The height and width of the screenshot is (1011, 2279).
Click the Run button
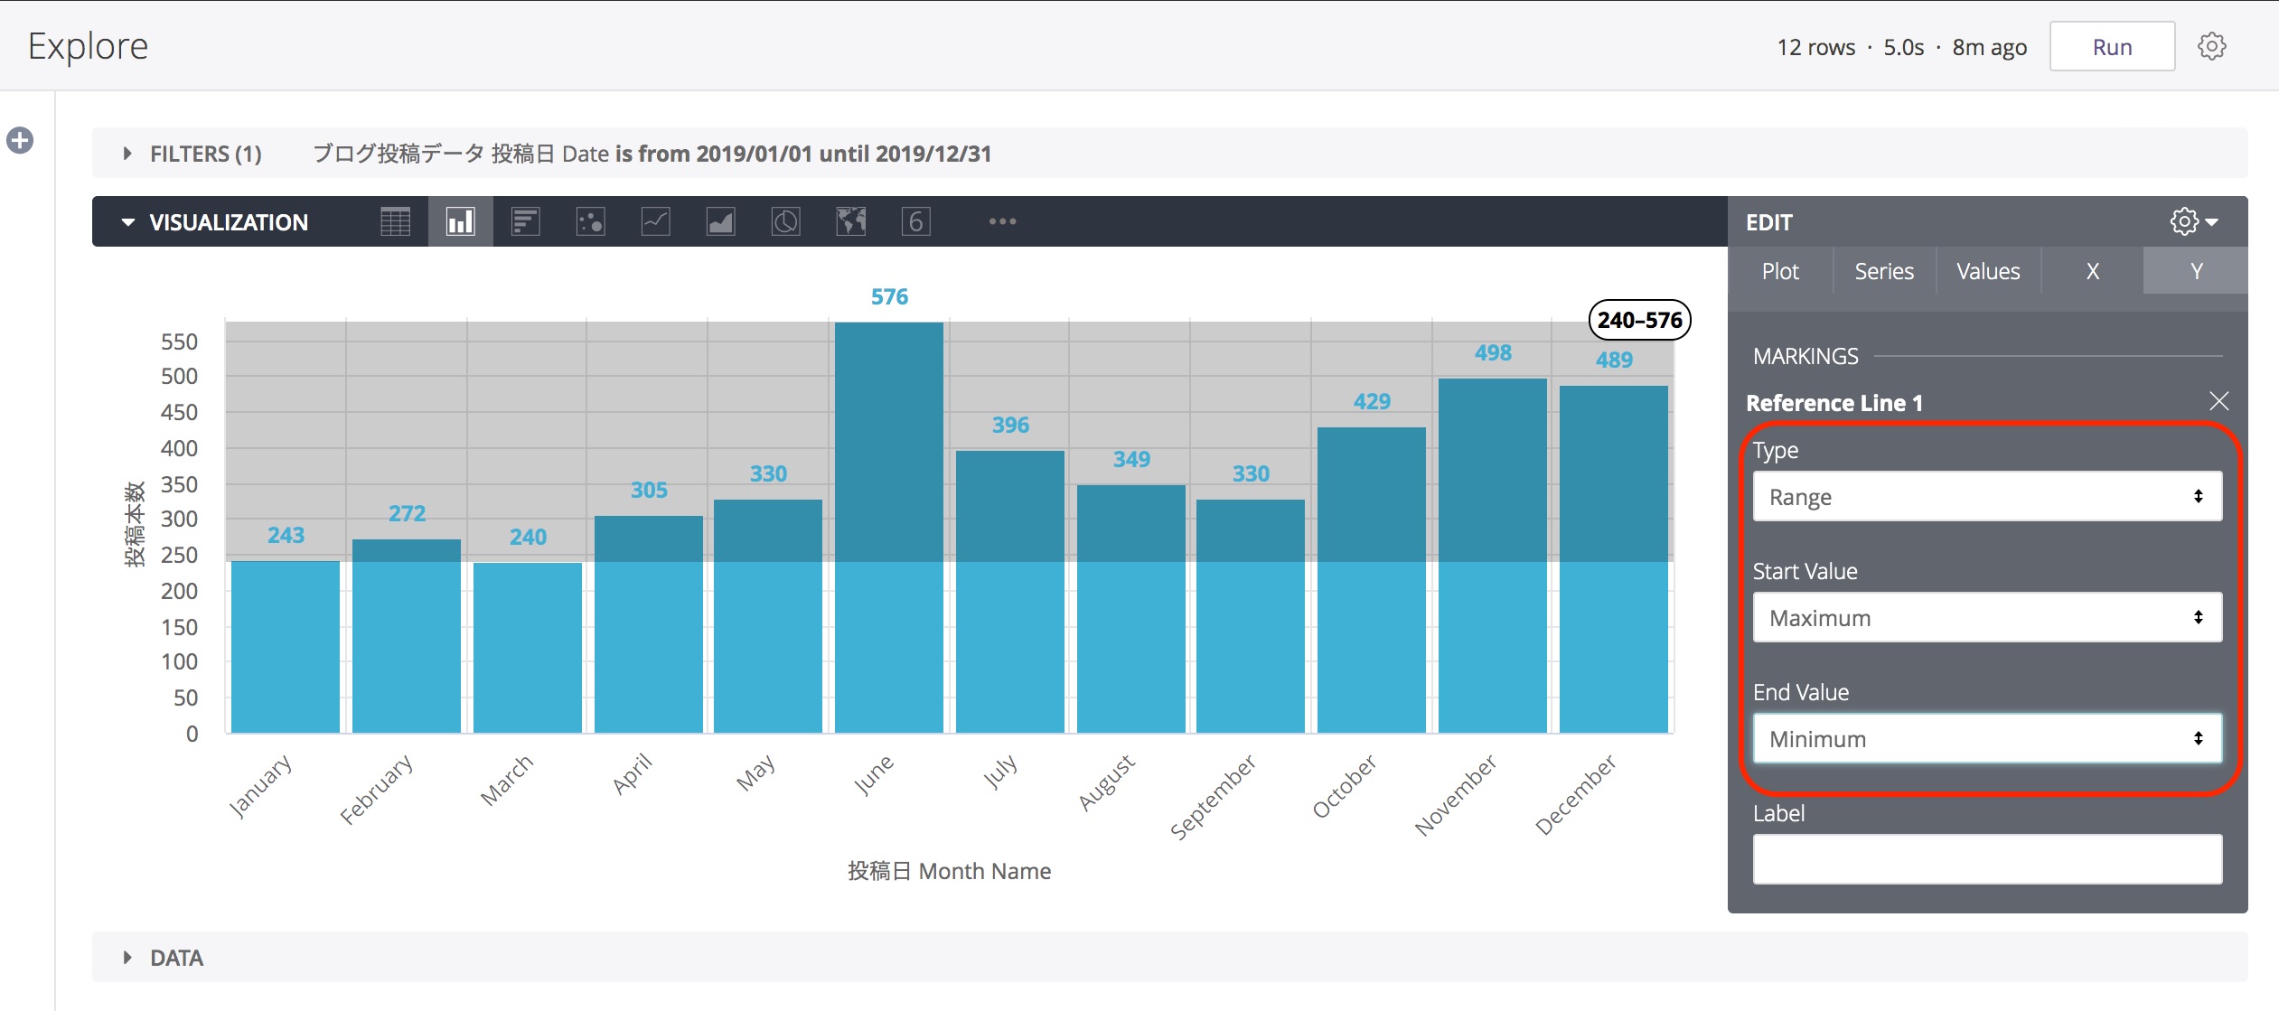[x=2111, y=47]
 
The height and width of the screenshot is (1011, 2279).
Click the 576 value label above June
[x=889, y=296]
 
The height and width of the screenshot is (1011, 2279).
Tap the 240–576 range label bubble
[x=1638, y=320]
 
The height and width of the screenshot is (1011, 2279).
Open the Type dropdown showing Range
[x=1986, y=496]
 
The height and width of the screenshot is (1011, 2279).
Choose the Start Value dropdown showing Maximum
[x=1986, y=617]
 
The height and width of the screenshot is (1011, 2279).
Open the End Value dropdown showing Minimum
[x=1986, y=738]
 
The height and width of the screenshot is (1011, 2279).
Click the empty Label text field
[x=1986, y=858]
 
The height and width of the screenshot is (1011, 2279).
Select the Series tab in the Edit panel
[x=1883, y=271]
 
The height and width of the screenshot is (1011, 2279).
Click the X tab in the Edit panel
[x=2092, y=271]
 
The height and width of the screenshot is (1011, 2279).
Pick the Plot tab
[x=1779, y=271]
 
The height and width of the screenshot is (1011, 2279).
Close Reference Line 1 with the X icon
[x=2218, y=401]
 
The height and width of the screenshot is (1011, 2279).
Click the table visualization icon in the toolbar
[x=395, y=221]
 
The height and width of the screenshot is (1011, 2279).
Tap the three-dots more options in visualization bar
[x=1002, y=221]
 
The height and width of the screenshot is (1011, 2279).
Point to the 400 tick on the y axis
[x=179, y=448]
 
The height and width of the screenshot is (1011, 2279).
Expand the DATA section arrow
[x=127, y=958]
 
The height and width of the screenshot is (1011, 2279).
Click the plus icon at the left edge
[x=20, y=140]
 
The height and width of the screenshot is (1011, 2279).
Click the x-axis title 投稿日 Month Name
[x=949, y=871]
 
